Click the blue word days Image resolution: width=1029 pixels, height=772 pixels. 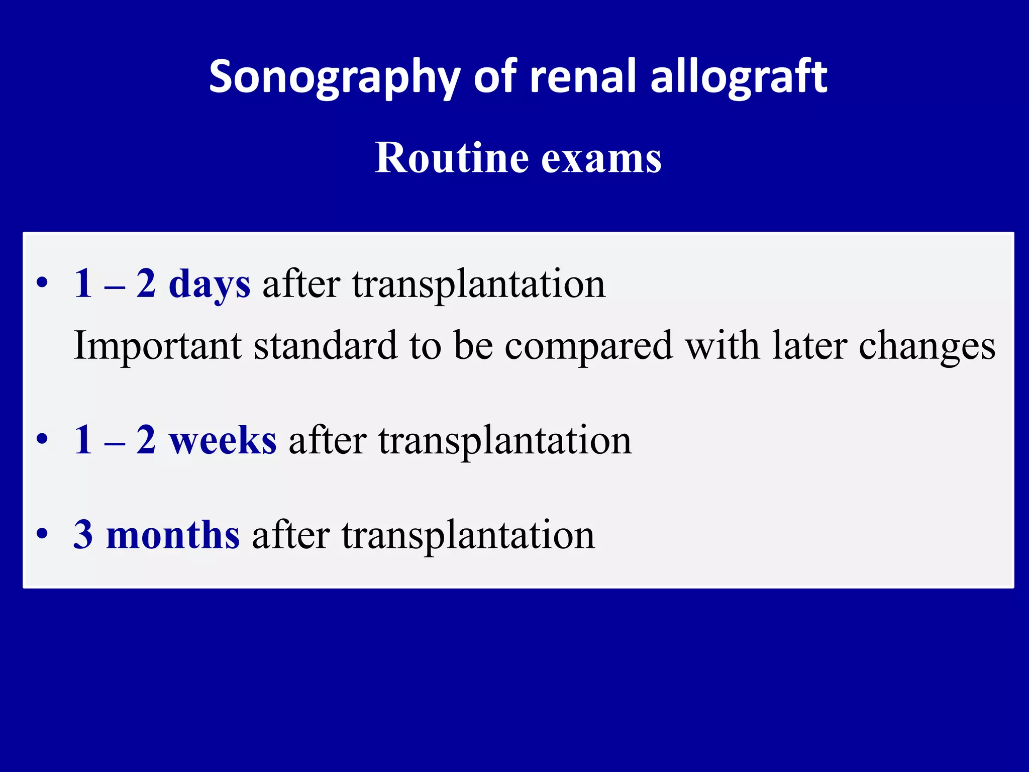click(x=209, y=284)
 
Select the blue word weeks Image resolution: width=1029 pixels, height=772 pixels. click(x=222, y=440)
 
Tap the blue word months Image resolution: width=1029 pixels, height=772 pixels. click(x=173, y=535)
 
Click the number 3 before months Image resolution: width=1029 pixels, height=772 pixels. click(x=83, y=535)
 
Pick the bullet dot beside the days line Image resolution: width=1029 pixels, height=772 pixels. click(x=42, y=282)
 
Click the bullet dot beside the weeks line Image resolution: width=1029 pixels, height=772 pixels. click(x=42, y=438)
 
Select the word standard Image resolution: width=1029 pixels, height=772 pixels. click(x=326, y=346)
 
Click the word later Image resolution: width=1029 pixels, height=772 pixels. click(x=809, y=346)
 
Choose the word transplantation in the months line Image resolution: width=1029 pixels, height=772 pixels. click(x=468, y=536)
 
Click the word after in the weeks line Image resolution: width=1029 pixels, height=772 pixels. click(x=327, y=440)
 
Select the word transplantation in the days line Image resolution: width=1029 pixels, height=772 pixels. click(x=479, y=284)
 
